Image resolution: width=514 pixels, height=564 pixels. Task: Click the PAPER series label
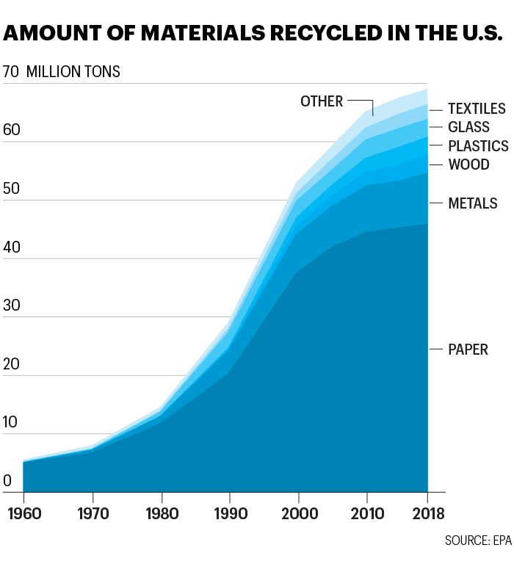pyautogui.click(x=468, y=350)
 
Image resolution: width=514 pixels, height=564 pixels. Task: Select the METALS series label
pyautogui.click(x=472, y=203)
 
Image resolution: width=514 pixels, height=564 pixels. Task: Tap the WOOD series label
pyautogui.click(x=468, y=164)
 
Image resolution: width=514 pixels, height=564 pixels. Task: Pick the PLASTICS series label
pyautogui.click(x=478, y=146)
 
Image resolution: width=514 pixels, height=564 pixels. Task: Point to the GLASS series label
pyautogui.click(x=468, y=127)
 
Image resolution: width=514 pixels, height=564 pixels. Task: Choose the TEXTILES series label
pyautogui.click(x=477, y=109)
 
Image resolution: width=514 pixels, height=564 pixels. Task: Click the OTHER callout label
pyautogui.click(x=322, y=101)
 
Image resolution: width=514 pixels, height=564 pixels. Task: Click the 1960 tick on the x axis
pyautogui.click(x=23, y=511)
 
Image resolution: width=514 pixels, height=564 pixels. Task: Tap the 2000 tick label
pyautogui.click(x=297, y=511)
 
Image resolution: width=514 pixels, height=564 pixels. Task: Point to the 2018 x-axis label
pyautogui.click(x=427, y=511)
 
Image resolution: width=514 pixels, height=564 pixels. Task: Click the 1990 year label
pyautogui.click(x=228, y=511)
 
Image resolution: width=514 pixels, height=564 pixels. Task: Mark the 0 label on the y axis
pyautogui.click(x=8, y=482)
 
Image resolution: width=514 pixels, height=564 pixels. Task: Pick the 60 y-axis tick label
pyautogui.click(x=12, y=131)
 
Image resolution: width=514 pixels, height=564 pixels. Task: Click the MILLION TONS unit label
pyautogui.click(x=73, y=72)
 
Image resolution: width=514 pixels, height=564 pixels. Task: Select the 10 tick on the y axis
pyautogui.click(x=12, y=424)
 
